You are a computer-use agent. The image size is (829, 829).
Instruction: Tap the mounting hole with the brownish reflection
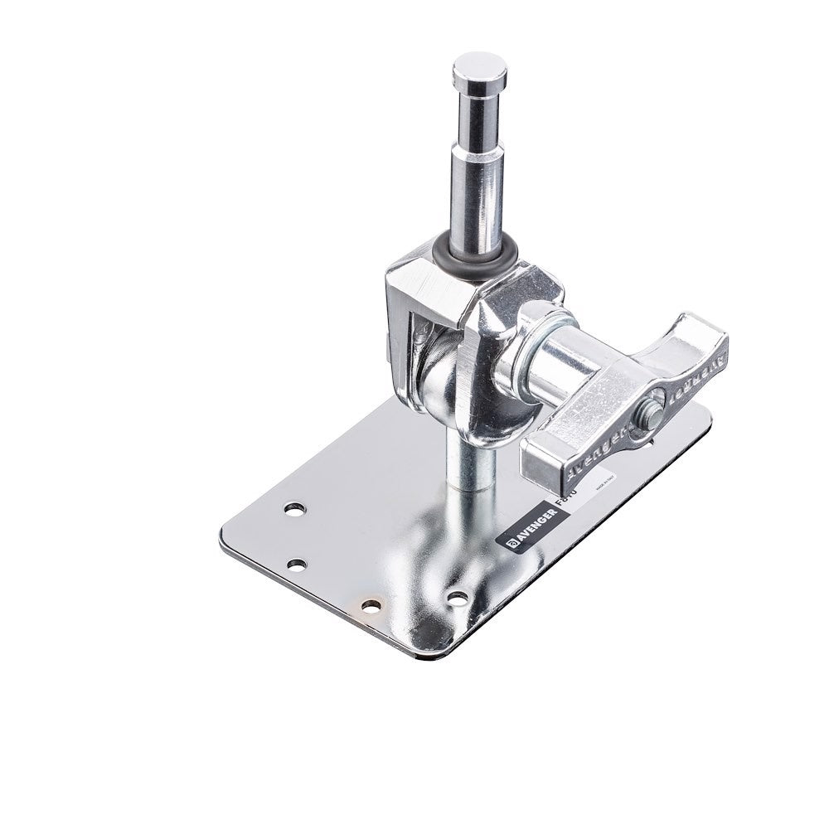[371, 607]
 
